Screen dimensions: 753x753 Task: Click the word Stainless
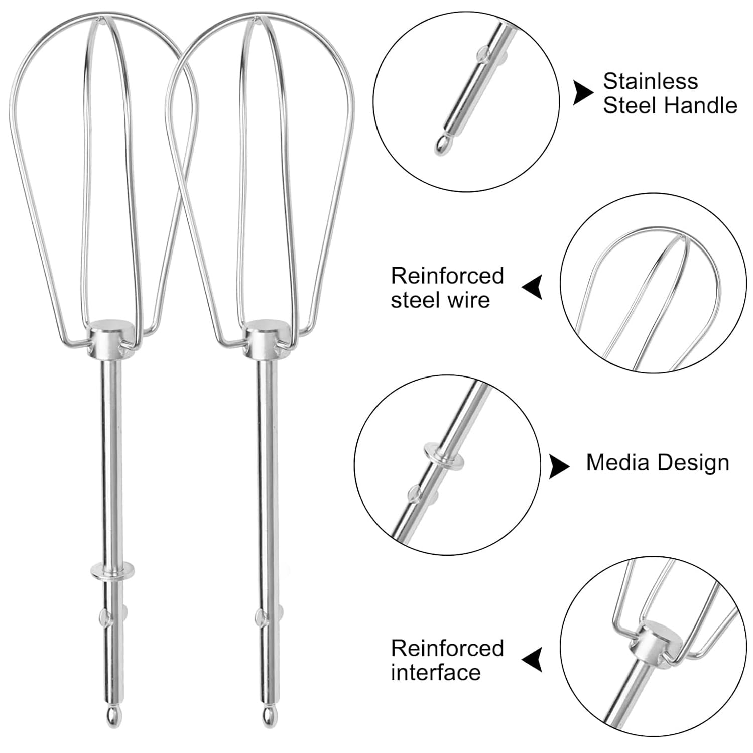point(650,81)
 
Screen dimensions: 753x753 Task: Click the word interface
point(436,672)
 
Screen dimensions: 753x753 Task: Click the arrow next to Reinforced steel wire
point(533,287)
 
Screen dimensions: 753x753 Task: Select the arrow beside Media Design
point(559,466)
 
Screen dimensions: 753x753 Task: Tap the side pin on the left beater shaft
point(105,616)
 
